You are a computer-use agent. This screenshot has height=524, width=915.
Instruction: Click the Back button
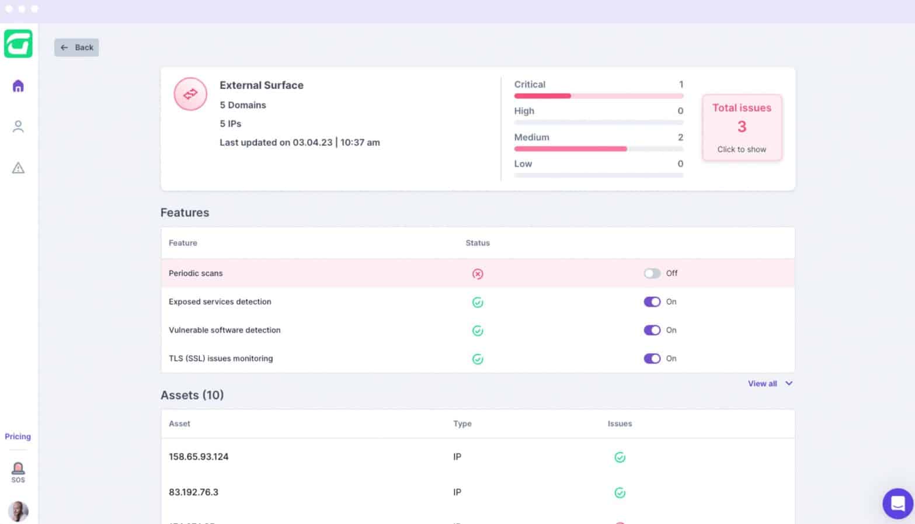coord(76,47)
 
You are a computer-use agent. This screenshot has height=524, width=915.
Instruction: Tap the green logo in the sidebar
coord(18,44)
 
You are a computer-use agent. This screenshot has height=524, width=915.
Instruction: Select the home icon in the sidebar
coord(18,86)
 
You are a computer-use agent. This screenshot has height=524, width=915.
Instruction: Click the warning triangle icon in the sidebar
coord(18,168)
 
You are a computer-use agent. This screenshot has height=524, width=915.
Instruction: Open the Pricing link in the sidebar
coord(18,436)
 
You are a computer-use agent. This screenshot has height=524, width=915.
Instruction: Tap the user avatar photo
coord(18,511)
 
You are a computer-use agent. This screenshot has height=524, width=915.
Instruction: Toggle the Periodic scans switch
coord(652,273)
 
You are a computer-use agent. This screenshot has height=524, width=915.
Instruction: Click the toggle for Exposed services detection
coord(652,302)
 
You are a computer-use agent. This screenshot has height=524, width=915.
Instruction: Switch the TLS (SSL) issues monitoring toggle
coord(652,359)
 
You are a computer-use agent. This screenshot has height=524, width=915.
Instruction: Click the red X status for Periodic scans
coord(478,274)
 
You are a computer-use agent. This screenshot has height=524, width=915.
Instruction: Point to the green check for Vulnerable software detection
coord(478,331)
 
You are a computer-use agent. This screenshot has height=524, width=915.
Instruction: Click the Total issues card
coord(742,127)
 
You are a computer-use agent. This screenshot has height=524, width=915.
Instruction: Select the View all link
coord(763,384)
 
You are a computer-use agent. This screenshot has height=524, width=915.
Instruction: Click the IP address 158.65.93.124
coord(199,457)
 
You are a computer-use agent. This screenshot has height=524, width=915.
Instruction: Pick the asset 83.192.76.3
coord(193,492)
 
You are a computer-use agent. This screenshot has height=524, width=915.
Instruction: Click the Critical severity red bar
coord(542,96)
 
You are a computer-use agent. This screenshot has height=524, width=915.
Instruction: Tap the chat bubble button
coord(897,503)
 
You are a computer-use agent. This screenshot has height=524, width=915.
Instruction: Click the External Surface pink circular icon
coord(190,94)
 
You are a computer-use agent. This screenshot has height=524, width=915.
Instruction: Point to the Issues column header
coord(620,424)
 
